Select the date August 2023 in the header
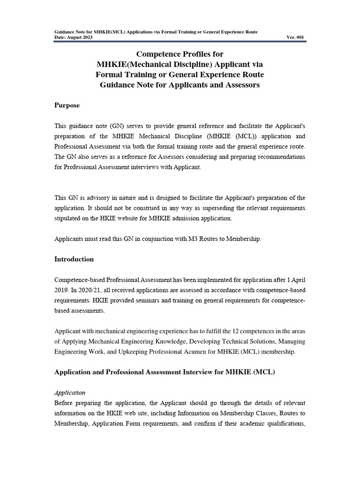79,37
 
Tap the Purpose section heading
67,105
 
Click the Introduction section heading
74,259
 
